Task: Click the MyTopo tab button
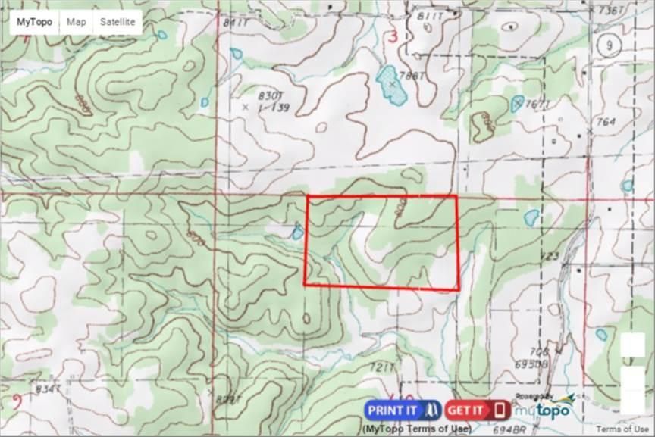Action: pyautogui.click(x=35, y=22)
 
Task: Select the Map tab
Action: pyautogui.click(x=76, y=22)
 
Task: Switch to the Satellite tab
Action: pyautogui.click(x=118, y=22)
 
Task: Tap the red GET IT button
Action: pyautogui.click(x=478, y=410)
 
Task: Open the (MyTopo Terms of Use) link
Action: pyautogui.click(x=416, y=429)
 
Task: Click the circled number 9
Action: pyautogui.click(x=609, y=45)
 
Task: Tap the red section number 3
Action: pyautogui.click(x=392, y=38)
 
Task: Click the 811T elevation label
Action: pyautogui.click(x=430, y=16)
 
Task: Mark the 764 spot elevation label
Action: pyautogui.click(x=606, y=122)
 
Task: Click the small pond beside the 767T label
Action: pyautogui.click(x=518, y=104)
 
